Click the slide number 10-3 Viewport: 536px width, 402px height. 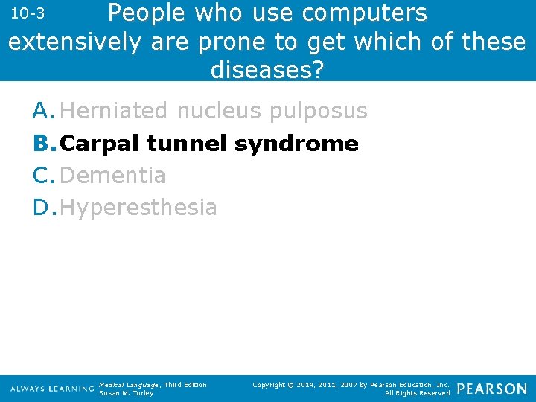tap(30, 14)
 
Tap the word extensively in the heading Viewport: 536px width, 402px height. tap(74, 42)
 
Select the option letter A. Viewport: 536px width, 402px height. tap(43, 111)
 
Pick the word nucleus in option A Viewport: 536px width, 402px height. tap(219, 111)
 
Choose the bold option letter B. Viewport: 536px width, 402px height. tap(43, 143)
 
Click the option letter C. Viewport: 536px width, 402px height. tap(43, 176)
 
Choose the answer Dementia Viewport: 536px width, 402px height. tap(113, 176)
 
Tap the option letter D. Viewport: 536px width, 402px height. tap(43, 208)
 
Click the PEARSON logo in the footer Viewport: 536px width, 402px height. tap(491, 389)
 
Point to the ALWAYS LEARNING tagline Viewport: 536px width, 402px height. tap(52, 389)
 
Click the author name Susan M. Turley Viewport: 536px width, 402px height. tap(126, 393)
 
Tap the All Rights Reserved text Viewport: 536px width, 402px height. tap(417, 393)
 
